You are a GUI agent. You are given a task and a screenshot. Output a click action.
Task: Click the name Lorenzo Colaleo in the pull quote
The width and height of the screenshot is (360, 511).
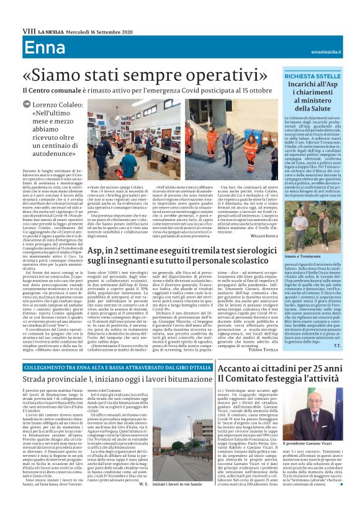[60, 106]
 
